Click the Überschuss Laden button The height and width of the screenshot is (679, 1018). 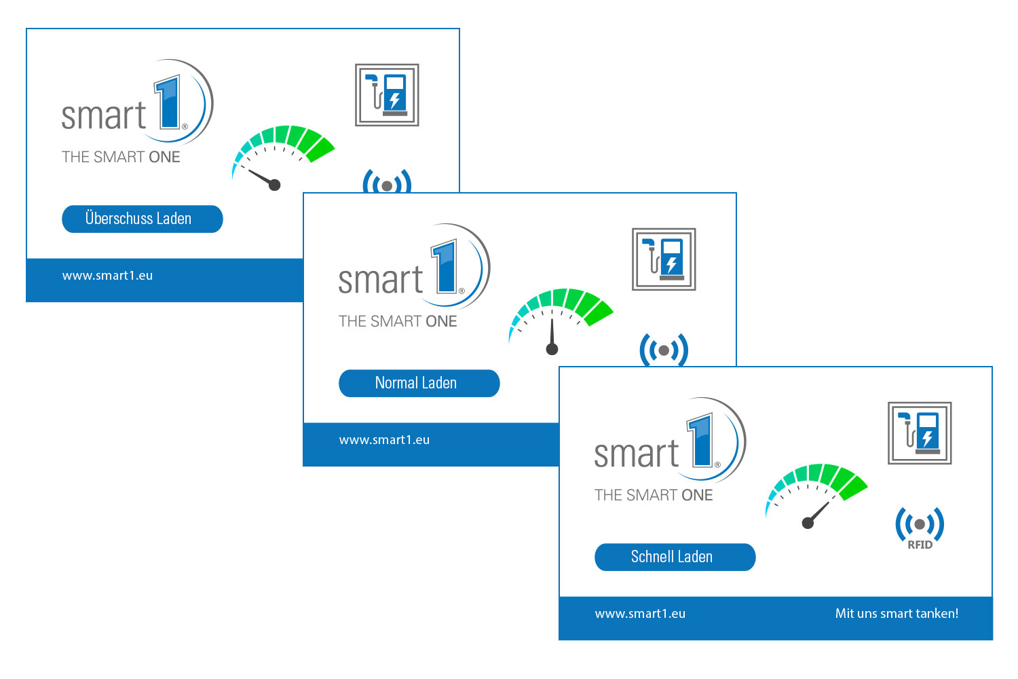[142, 219]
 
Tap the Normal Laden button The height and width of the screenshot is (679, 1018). [419, 383]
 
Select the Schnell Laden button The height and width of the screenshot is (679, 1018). [675, 557]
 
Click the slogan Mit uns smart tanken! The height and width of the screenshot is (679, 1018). [897, 613]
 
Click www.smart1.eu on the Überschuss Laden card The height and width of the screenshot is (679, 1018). [107, 276]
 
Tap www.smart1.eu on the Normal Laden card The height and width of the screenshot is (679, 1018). [384, 440]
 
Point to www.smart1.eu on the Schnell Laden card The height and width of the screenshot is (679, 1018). [640, 614]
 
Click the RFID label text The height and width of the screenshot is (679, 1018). [920, 545]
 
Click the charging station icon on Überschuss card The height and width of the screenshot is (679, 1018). [387, 95]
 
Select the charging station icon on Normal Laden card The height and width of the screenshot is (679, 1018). [664, 259]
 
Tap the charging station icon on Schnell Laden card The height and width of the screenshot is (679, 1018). [920, 433]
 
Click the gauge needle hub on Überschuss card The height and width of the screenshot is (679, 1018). [275, 185]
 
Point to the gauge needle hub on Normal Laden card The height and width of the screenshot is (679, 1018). [552, 349]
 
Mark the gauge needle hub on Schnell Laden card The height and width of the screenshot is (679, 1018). [808, 523]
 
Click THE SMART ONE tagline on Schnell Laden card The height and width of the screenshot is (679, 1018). [654, 495]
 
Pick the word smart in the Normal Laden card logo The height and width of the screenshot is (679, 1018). [380, 280]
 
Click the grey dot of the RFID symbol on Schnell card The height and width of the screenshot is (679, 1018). [920, 524]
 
